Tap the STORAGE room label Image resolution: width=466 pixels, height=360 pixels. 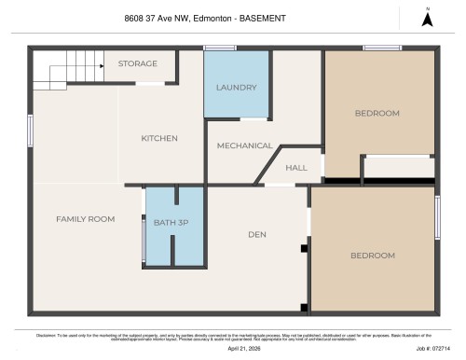pyautogui.click(x=136, y=63)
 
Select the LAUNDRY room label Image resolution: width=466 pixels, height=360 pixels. pyautogui.click(x=236, y=88)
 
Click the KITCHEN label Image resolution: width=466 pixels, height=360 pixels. pyautogui.click(x=158, y=138)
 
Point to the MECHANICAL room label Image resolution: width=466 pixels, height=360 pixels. pyautogui.click(x=244, y=145)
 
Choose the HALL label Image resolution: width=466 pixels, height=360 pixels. pyautogui.click(x=296, y=168)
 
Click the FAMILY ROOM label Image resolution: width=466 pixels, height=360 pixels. pyautogui.click(x=85, y=219)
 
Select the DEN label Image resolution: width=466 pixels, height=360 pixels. pyautogui.click(x=258, y=234)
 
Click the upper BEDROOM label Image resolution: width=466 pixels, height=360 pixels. pyautogui.click(x=377, y=113)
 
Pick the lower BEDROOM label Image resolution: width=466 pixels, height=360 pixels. pyautogui.click(x=372, y=255)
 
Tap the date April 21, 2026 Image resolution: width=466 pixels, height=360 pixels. pyautogui.click(x=245, y=347)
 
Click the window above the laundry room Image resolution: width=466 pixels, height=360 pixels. pyautogui.click(x=220, y=48)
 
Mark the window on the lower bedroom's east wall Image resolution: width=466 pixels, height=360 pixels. pyautogui.click(x=436, y=216)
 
